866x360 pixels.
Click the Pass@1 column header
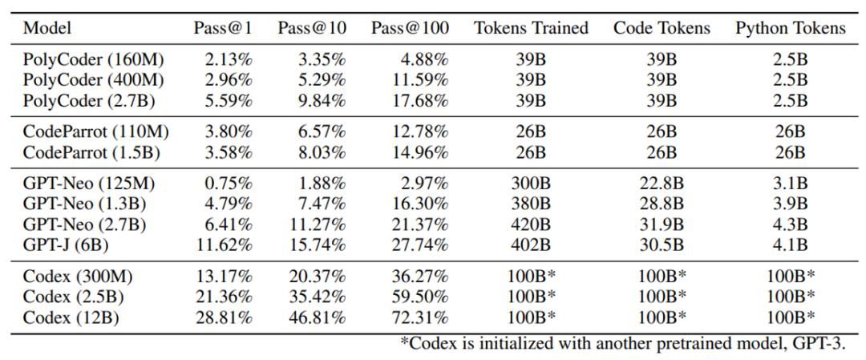tap(222, 28)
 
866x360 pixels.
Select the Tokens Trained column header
tap(531, 28)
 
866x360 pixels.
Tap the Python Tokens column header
tap(790, 28)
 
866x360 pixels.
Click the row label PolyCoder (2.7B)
tap(89, 100)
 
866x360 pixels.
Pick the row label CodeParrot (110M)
tap(95, 131)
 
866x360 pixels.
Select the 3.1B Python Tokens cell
tap(790, 184)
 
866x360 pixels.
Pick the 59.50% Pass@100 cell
tap(421, 297)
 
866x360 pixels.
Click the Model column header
tap(47, 28)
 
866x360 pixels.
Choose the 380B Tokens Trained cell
tap(531, 204)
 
